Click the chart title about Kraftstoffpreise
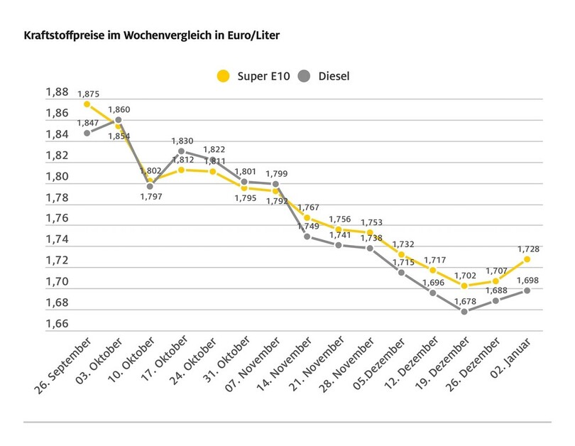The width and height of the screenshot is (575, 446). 147,35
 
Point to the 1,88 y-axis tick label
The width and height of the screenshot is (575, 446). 57,92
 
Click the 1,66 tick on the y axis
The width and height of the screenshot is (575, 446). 57,325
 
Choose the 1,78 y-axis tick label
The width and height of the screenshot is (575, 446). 57,198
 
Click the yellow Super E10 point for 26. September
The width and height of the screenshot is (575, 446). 87,104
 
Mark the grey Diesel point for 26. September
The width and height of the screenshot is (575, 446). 87,133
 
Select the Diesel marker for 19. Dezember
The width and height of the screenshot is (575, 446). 464,311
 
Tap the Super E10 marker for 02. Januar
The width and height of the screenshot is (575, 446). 527,259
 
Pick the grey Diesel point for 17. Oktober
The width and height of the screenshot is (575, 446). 182,151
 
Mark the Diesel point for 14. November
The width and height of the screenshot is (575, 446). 307,236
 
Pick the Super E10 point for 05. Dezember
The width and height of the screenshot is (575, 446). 402,254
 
